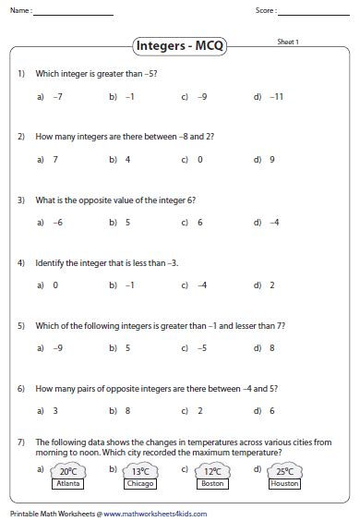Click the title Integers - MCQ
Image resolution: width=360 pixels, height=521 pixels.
180,44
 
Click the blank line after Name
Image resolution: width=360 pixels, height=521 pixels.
75,13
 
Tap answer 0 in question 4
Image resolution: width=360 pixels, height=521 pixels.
55,285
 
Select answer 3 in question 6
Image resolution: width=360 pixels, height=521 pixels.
55,411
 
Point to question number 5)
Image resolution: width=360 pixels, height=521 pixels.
21,326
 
